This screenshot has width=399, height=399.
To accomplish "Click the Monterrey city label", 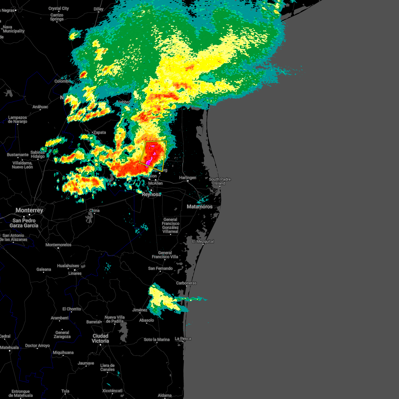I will [29, 210].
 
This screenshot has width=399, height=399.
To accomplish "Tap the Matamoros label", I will [199, 206].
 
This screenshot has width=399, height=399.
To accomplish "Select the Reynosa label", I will [151, 195].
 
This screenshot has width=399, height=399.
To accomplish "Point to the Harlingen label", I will [188, 178].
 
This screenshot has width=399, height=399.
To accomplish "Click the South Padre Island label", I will [220, 181].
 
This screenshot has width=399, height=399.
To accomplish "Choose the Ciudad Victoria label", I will [100, 338].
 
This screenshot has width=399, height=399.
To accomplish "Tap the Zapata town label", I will [99, 132].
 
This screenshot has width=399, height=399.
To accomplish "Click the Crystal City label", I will [59, 8].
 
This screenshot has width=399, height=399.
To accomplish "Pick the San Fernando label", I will [160, 268].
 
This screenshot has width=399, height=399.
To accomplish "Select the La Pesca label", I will [183, 338].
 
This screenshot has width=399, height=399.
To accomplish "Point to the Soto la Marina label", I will [157, 339].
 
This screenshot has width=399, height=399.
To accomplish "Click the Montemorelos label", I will [59, 245].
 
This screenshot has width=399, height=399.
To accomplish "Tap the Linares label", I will [75, 273].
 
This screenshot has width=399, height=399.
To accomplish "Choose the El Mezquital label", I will [203, 241].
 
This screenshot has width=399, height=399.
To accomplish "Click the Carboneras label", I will [186, 283].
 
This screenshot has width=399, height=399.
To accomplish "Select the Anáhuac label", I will [40, 107].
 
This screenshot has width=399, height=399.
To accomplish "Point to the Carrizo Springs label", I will [57, 17].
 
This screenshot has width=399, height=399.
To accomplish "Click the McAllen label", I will [155, 183].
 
